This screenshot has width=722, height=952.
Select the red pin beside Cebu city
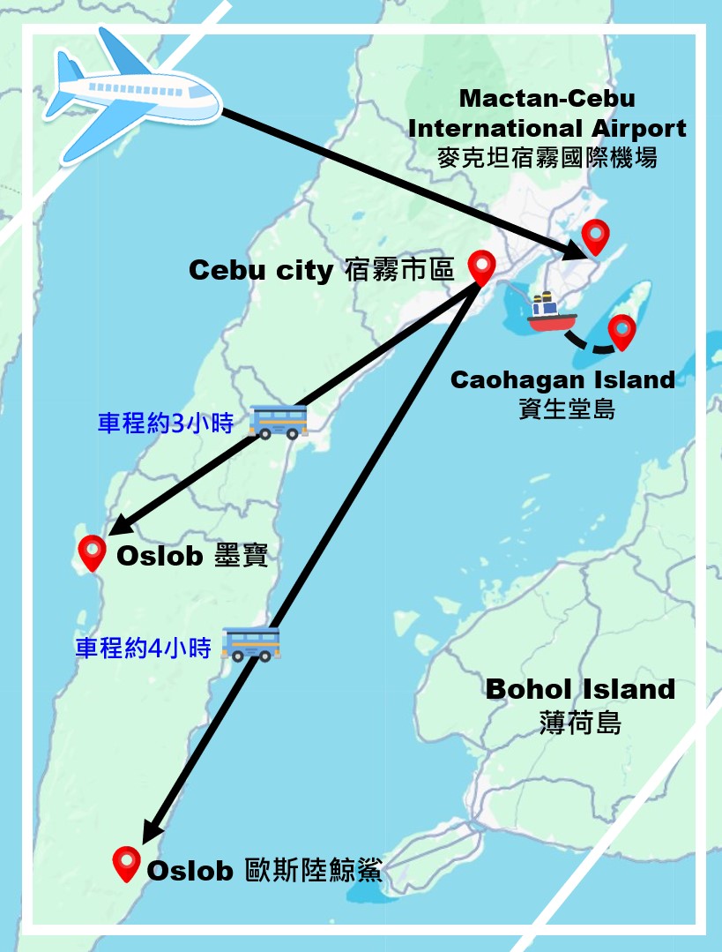[481, 266]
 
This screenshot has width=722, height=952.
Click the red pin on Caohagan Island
[622, 331]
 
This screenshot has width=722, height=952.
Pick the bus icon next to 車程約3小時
[279, 422]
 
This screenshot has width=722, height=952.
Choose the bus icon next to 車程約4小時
[251, 644]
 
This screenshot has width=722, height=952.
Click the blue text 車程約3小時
[165, 424]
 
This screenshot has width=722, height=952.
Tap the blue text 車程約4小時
[143, 648]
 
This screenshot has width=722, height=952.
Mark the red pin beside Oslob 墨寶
[93, 553]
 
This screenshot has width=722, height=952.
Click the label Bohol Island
[580, 689]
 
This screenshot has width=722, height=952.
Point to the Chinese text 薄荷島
[580, 723]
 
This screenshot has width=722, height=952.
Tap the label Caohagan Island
[562, 379]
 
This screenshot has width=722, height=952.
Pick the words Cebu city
[261, 270]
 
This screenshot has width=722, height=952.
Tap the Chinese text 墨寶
[241, 557]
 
